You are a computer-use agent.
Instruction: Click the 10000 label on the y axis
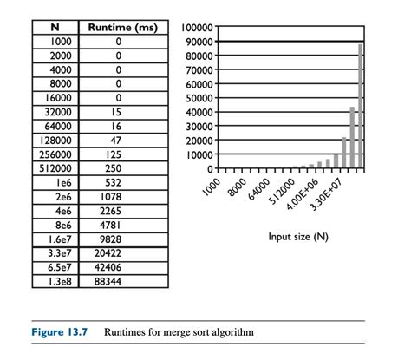(203, 154)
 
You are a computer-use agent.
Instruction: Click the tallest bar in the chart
(360, 106)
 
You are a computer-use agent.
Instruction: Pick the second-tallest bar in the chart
(352, 137)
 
